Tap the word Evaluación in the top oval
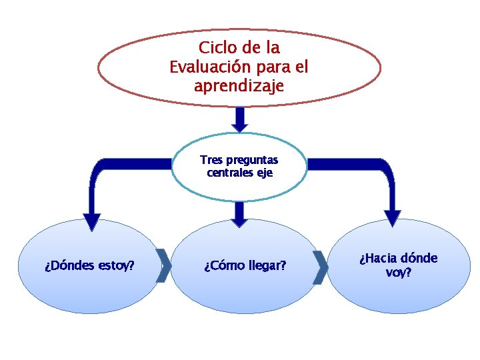point(206,67)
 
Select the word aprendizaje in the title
point(239,86)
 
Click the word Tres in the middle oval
point(211,160)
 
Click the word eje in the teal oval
point(264,173)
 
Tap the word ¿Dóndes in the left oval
point(69,266)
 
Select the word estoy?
point(115,266)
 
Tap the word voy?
point(399,272)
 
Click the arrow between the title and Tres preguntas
point(240,119)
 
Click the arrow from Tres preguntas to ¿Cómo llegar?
point(240,213)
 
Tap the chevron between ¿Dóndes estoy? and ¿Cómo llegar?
point(163,266)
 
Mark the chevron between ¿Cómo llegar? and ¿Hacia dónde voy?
point(320,267)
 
